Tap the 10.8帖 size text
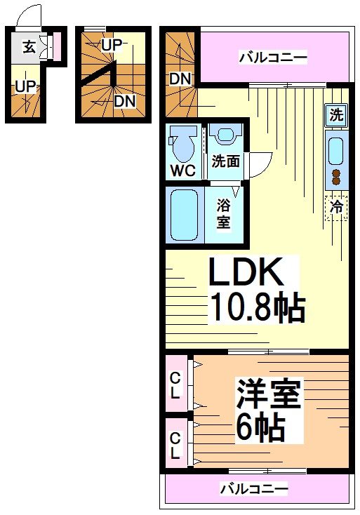point(258,307)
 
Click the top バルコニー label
point(274,58)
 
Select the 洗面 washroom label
point(225,161)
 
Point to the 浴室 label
point(223,214)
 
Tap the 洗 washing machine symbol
point(337,115)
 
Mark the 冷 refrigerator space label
point(336,207)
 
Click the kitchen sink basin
point(336,150)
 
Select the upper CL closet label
point(175,385)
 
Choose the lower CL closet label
point(175,446)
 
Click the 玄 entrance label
point(29,48)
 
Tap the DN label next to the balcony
point(180,79)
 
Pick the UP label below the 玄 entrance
point(26,87)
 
